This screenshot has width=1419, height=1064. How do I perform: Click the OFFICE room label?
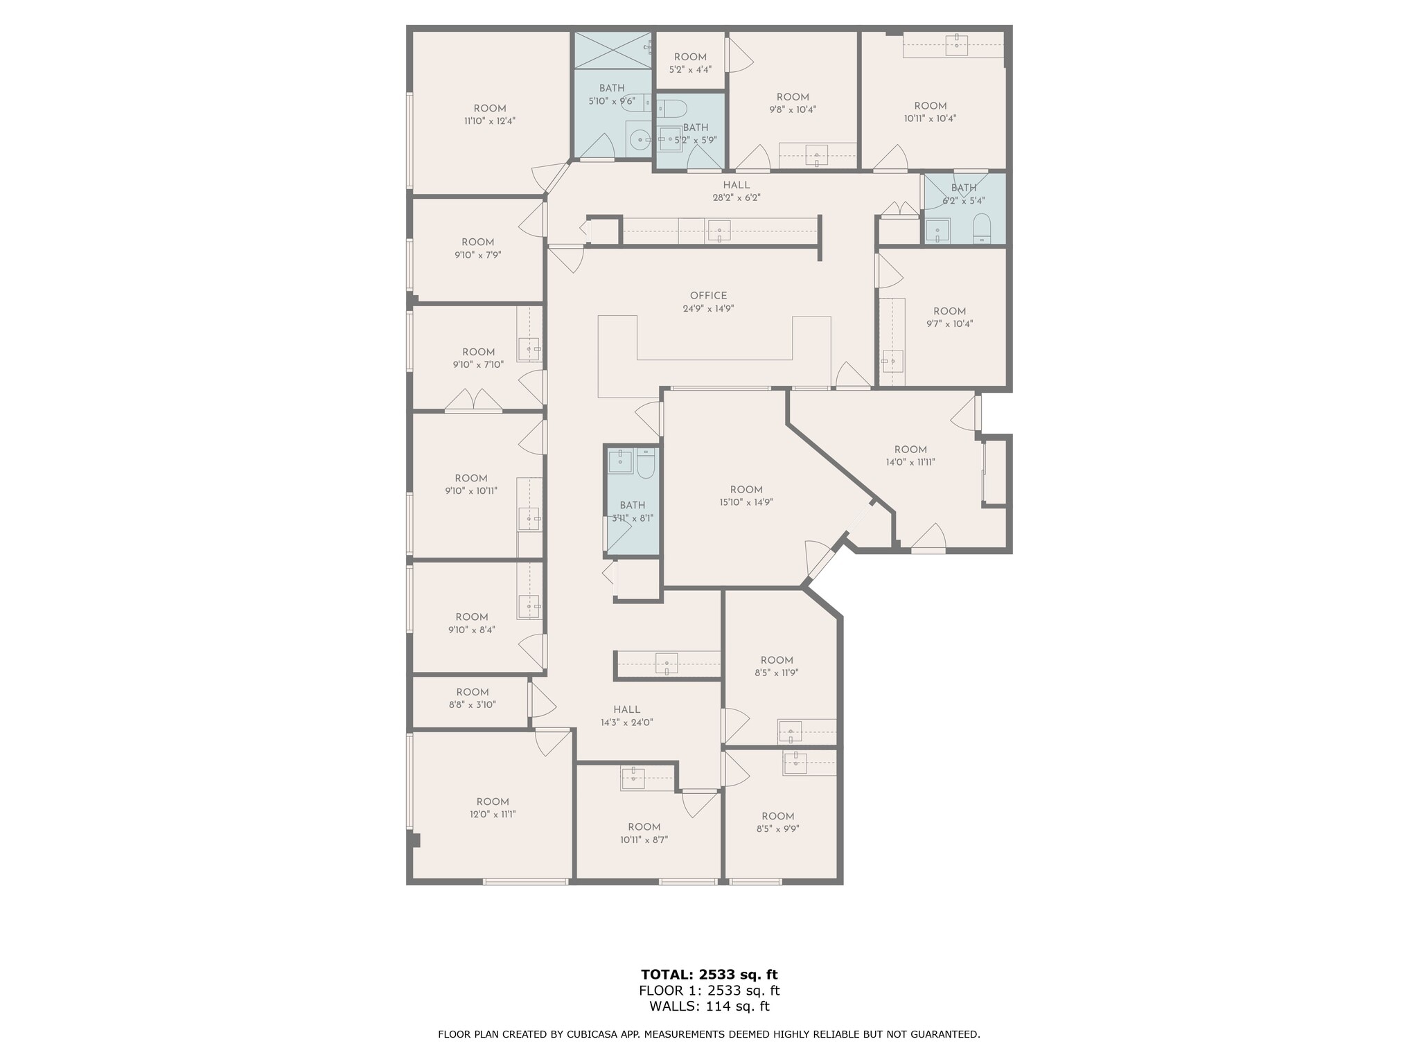pos(708,296)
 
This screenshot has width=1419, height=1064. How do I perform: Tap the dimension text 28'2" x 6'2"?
pos(736,197)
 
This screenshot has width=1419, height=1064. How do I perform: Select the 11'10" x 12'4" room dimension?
pos(490,121)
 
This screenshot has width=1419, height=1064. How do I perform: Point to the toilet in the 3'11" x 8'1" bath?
pos(646,463)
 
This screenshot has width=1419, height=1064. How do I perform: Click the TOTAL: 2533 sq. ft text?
pos(709,975)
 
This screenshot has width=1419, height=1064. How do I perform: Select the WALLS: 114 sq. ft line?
pos(709,1007)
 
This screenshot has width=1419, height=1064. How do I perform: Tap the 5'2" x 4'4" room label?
pos(690,70)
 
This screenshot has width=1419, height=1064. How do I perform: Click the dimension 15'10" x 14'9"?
pos(746,502)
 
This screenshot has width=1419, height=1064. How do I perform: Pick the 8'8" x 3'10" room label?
pos(473,704)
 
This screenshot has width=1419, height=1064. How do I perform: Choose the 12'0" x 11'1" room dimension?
pos(493,814)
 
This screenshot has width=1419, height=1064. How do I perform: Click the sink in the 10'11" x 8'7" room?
pos(633,777)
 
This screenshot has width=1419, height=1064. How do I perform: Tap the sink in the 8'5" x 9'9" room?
pos(796,762)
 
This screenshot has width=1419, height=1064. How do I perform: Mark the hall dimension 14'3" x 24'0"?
pos(626,722)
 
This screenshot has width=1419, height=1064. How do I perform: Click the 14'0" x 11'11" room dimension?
pos(910,462)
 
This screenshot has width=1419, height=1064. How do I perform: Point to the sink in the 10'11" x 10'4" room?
pos(957,44)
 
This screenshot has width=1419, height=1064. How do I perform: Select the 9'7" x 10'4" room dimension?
pos(949,323)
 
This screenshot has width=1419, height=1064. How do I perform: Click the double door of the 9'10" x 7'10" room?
pos(473,401)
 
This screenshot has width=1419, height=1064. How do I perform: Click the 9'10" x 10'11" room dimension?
pos(471,490)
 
